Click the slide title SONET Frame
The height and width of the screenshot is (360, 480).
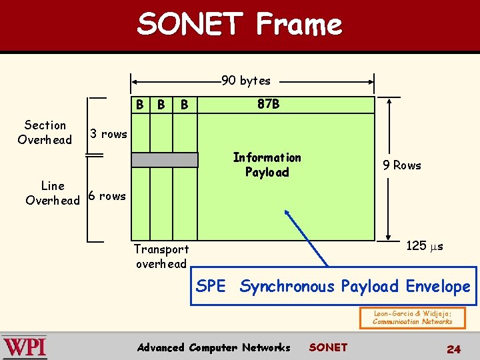coord(239,25)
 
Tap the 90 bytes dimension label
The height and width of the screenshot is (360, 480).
coord(246,81)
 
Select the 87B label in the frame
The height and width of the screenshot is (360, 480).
coord(268,105)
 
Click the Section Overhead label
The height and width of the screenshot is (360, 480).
coord(45,132)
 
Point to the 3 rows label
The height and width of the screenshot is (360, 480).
coord(109,134)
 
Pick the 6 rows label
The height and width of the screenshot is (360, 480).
coord(107,196)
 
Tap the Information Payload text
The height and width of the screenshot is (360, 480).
coord(267,165)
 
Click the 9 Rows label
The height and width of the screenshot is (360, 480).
coord(402,165)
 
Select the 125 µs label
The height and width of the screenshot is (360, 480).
coord(425,246)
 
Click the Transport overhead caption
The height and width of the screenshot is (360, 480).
coord(161,256)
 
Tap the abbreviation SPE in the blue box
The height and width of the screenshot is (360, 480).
coord(211,287)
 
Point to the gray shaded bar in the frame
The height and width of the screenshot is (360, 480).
coord(165,160)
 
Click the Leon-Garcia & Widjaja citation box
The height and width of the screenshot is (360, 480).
coord(412,317)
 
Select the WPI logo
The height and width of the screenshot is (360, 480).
coord(25,347)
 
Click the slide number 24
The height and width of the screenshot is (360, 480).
coord(453,348)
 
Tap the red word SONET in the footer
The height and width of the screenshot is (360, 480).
coord(328,347)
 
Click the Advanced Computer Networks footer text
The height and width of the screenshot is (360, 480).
coord(213,347)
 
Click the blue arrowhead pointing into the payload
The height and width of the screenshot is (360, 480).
coord(288,214)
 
